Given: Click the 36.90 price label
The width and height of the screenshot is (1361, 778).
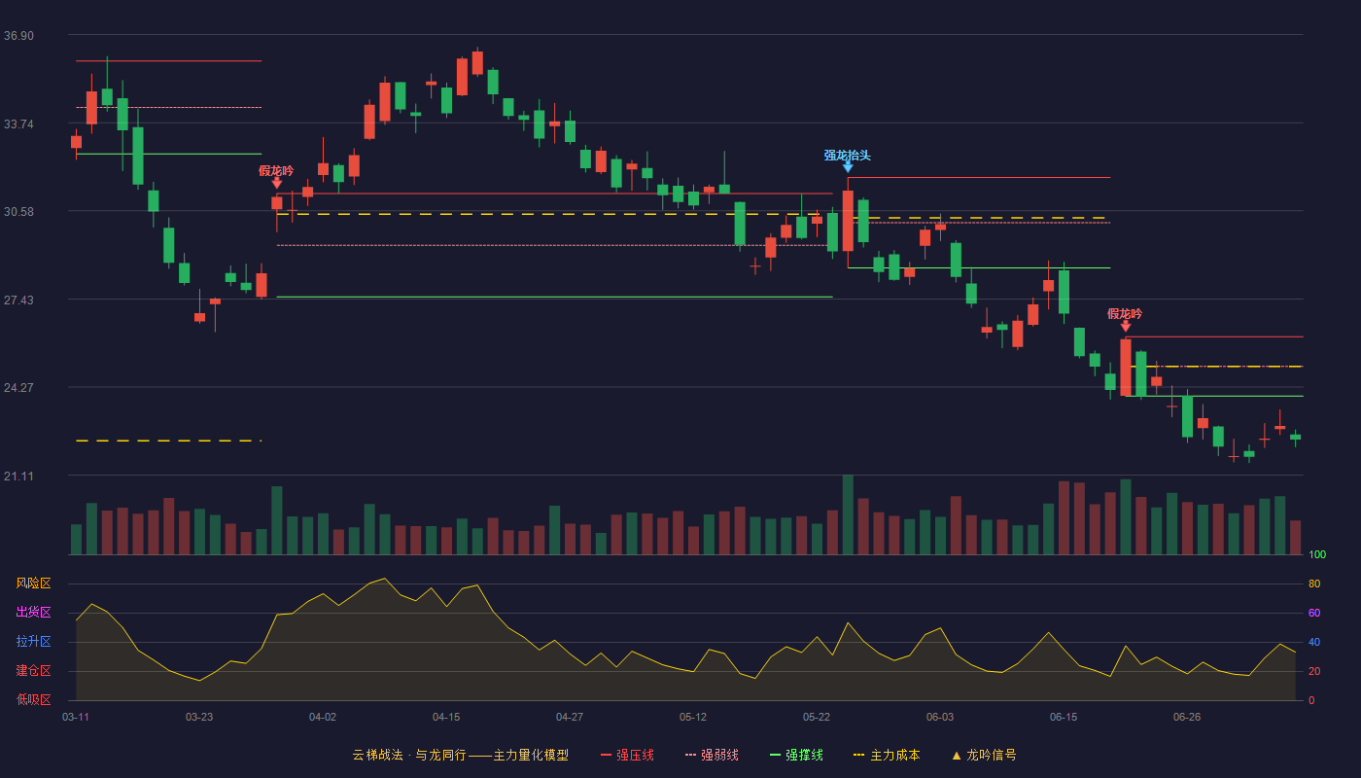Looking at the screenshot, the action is (18, 36).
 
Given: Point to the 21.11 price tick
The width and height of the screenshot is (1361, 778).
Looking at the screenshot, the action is (18, 476).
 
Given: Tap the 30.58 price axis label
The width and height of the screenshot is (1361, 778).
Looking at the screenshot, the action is (18, 212).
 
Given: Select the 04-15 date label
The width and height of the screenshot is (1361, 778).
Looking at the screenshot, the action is (446, 718).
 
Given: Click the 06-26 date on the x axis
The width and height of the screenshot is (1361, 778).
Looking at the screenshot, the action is (1187, 718).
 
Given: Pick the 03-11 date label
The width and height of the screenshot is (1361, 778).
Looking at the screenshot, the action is (76, 718).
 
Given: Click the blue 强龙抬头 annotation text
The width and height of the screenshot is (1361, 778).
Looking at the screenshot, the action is (848, 155).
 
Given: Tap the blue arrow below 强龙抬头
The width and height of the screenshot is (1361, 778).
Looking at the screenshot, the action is (848, 167).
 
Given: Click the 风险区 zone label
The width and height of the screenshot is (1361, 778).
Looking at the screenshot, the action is (33, 583).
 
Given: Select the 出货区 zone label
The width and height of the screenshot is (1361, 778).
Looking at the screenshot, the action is (33, 612).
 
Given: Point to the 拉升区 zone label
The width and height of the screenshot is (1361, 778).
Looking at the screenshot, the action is (33, 641).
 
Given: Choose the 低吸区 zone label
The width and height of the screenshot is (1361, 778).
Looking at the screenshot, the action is (33, 699).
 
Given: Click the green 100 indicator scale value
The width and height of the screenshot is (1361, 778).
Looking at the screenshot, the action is (1317, 554).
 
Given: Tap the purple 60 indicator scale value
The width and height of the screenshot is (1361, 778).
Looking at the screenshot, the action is (1314, 613).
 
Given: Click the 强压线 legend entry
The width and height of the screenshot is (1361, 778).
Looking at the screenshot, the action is (627, 755).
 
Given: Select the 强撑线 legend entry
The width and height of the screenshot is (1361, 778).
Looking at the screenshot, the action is (796, 755).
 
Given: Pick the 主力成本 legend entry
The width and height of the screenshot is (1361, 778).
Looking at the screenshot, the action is (887, 755).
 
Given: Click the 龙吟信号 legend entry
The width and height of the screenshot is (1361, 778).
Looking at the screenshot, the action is (984, 755).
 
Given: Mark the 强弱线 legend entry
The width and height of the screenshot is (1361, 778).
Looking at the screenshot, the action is (712, 755).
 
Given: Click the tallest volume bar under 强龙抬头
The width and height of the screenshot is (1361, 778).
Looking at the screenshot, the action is (848, 514).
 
